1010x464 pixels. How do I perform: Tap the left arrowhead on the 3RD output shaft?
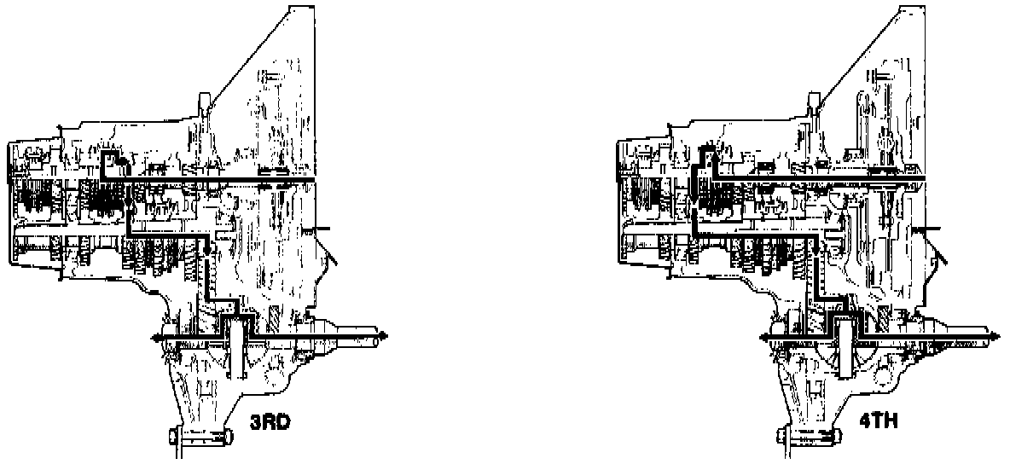click(x=155, y=339)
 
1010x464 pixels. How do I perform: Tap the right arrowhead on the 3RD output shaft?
click(x=386, y=336)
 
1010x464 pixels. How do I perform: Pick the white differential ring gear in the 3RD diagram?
click(x=236, y=345)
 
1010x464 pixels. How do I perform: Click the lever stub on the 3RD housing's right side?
click(x=322, y=229)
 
